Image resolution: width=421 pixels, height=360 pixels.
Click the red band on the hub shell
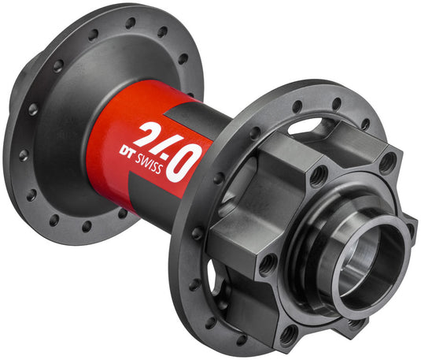(x=110, y=126)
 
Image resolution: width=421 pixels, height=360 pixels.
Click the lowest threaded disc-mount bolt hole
(x=289, y=333)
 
